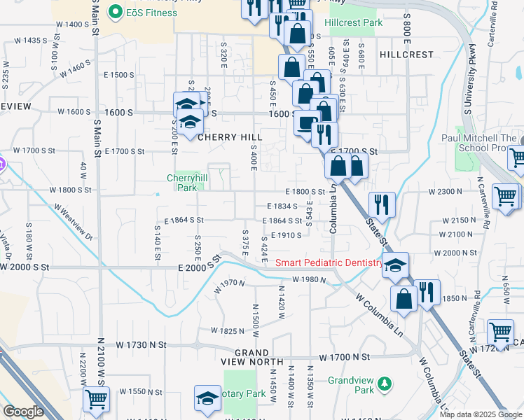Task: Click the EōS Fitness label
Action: point(146,11)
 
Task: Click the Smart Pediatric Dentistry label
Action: point(329,263)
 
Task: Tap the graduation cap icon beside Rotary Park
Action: point(207,398)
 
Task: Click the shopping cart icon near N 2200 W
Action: point(96,399)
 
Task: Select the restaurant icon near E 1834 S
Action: point(381,204)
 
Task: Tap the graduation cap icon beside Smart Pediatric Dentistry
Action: point(395,265)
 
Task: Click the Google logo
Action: point(23,412)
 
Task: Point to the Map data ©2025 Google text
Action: point(480,414)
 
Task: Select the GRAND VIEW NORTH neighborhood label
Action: point(252,357)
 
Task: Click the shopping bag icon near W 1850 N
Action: point(405,298)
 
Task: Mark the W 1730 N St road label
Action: point(142,345)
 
